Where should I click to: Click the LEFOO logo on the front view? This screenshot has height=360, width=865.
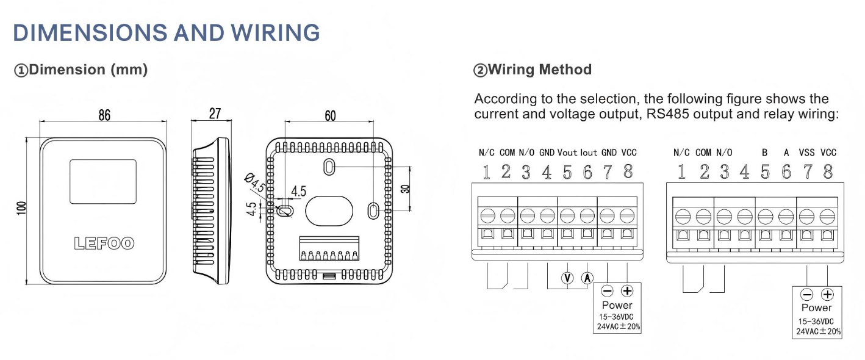(104, 243)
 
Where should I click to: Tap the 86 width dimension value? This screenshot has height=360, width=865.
(104, 115)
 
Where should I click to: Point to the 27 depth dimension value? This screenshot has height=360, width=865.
(215, 113)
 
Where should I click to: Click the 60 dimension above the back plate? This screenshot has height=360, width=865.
(330, 116)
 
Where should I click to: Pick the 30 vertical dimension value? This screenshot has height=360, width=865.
(404, 189)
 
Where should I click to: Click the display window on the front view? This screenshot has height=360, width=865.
(102, 181)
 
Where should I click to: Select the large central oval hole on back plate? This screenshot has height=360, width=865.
(329, 211)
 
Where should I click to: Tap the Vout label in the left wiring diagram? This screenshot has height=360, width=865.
(567, 153)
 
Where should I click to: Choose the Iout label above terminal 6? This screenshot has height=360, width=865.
(589, 153)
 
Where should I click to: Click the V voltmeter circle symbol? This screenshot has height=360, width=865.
(568, 278)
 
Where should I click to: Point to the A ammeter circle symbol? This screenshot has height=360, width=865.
(588, 278)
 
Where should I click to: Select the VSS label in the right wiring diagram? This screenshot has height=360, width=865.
(807, 153)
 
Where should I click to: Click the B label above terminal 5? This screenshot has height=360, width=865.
(764, 153)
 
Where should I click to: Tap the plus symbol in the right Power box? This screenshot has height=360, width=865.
(827, 294)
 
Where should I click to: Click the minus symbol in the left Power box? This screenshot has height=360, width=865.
(608, 291)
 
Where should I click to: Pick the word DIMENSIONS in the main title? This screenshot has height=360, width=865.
(90, 32)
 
